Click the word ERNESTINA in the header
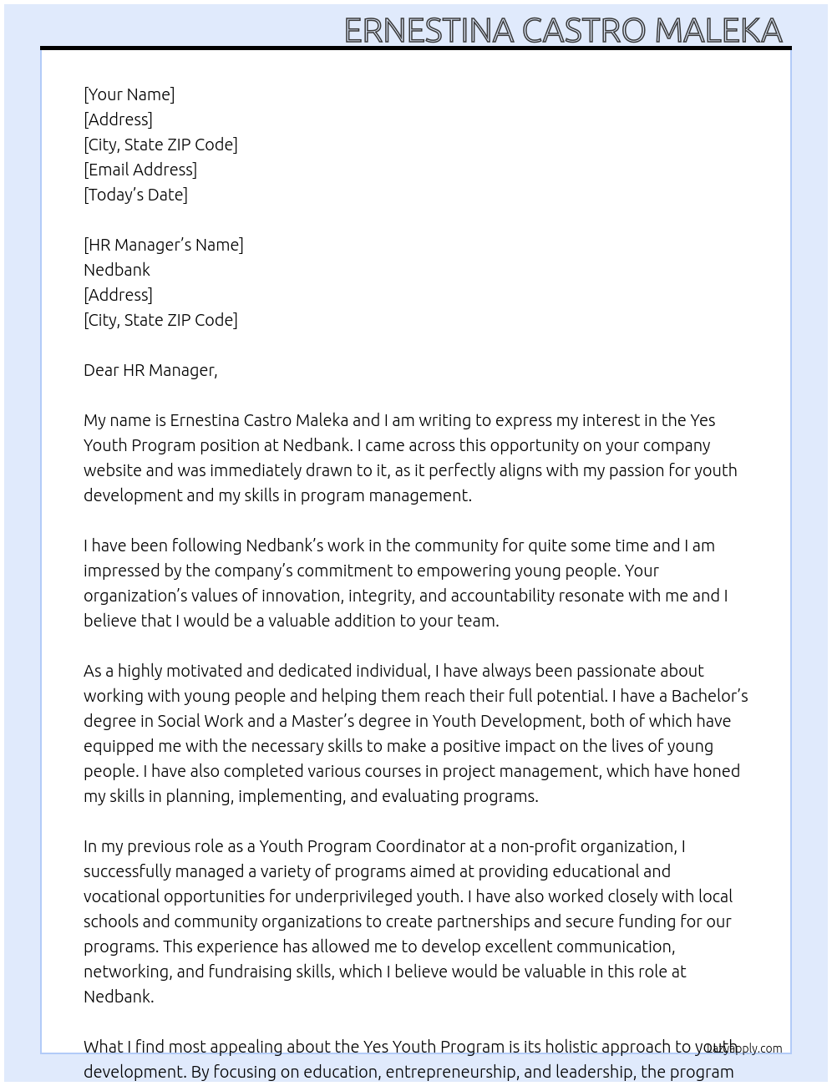pos(429,31)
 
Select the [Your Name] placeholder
pos(129,94)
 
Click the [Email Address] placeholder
pos(140,170)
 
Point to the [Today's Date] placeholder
pos(135,195)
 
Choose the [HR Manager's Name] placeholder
pos(164,245)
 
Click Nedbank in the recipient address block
pos(117,270)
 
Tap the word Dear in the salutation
pos(101,370)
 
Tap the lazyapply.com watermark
pos(745,1048)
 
